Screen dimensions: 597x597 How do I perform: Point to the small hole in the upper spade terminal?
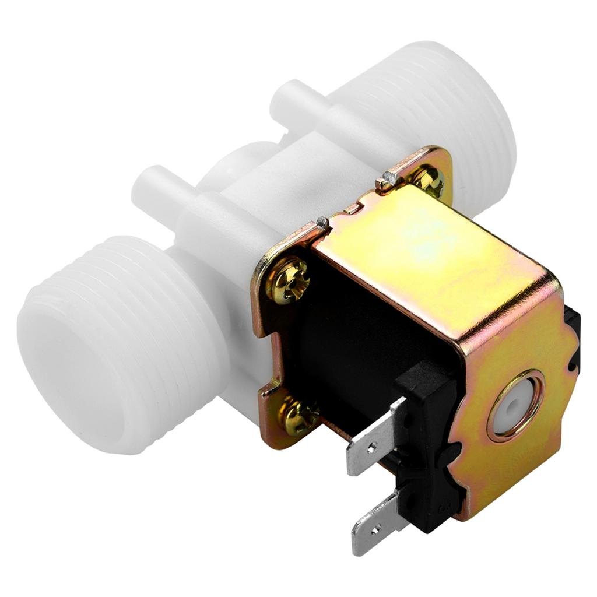click(360, 453)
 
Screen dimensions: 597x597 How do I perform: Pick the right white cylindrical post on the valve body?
click(297, 102)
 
